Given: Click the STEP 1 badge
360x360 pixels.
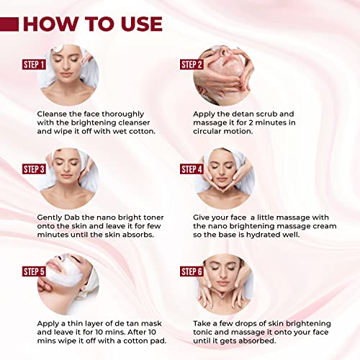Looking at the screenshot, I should tap(34, 64).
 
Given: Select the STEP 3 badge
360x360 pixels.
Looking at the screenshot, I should tap(34, 169).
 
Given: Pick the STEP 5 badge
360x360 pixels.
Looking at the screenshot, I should tap(34, 271).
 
